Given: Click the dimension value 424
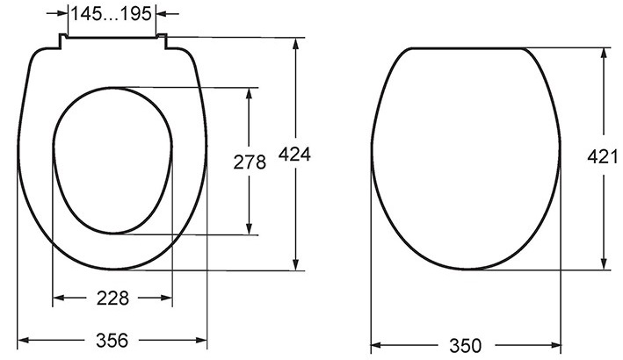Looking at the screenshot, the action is tap(294, 155).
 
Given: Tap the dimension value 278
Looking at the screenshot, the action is tap(250, 162).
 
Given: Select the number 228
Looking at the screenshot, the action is tap(112, 298).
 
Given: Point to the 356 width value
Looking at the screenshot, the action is tap(112, 341).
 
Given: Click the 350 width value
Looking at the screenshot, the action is tap(465, 346).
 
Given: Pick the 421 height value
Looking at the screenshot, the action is tap(602, 157).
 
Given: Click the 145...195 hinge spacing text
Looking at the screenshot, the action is tap(112, 14).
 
